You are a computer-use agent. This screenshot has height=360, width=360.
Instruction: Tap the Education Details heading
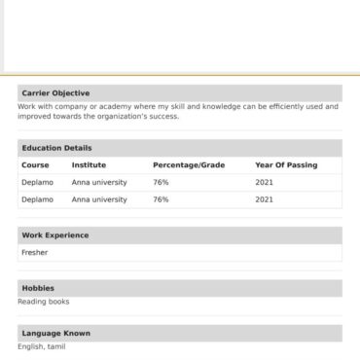click(57, 148)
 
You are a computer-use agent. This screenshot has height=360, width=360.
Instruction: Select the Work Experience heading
click(55, 235)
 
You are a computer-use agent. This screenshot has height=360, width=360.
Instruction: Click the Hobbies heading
click(38, 288)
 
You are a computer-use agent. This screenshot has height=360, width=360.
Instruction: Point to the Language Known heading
click(56, 333)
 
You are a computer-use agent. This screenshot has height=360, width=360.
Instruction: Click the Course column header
click(35, 165)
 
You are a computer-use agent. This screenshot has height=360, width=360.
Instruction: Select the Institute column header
click(89, 165)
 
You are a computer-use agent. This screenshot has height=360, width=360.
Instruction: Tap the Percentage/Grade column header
click(189, 165)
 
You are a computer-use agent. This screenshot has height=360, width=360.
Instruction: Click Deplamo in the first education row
click(37, 182)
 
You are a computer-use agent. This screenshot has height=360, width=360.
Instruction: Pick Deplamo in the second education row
click(37, 199)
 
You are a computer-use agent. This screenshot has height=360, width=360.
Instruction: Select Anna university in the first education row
click(99, 182)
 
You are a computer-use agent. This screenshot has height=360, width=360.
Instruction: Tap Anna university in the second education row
click(99, 199)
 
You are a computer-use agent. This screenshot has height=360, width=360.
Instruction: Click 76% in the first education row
click(161, 182)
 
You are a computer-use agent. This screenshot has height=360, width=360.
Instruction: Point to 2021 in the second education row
click(264, 199)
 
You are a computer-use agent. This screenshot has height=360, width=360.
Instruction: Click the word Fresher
click(34, 253)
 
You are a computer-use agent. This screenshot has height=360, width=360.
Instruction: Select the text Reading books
click(44, 302)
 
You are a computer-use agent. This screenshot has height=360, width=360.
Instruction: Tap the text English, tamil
click(41, 346)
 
